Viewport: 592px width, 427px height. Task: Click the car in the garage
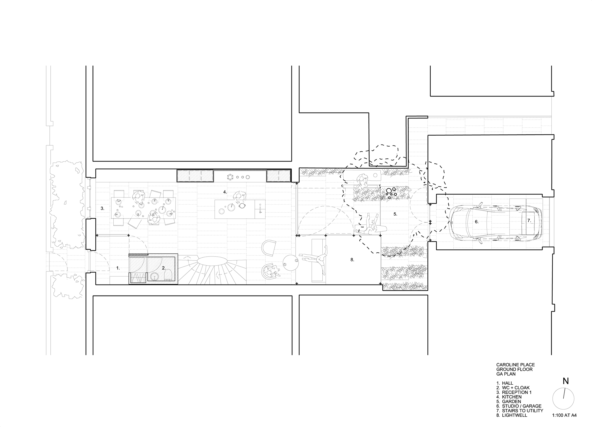point(496,221)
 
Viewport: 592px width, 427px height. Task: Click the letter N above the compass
point(565,381)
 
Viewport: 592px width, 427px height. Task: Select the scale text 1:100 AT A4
point(564,415)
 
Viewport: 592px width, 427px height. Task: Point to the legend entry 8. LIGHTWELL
point(512,415)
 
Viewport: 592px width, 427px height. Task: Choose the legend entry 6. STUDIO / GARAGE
point(519,406)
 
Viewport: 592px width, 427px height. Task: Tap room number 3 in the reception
point(102,208)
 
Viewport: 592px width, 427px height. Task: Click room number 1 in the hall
point(118,268)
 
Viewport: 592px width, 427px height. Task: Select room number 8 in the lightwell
point(352,260)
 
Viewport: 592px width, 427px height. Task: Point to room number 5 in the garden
point(395,214)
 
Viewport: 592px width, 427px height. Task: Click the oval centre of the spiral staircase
point(212,262)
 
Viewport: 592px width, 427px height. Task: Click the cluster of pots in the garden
point(391,192)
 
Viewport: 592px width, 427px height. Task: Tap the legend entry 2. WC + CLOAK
point(513,388)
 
